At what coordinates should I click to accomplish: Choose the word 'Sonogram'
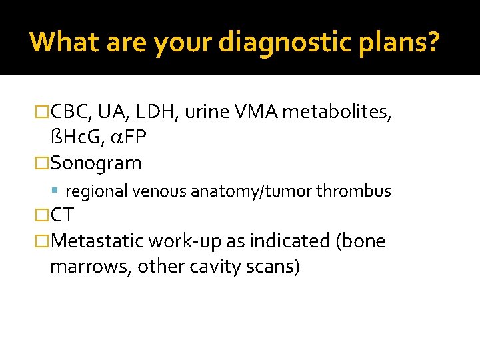96,163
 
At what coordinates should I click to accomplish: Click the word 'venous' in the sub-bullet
161,191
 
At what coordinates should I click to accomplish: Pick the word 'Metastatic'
98,241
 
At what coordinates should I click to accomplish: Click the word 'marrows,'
91,266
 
